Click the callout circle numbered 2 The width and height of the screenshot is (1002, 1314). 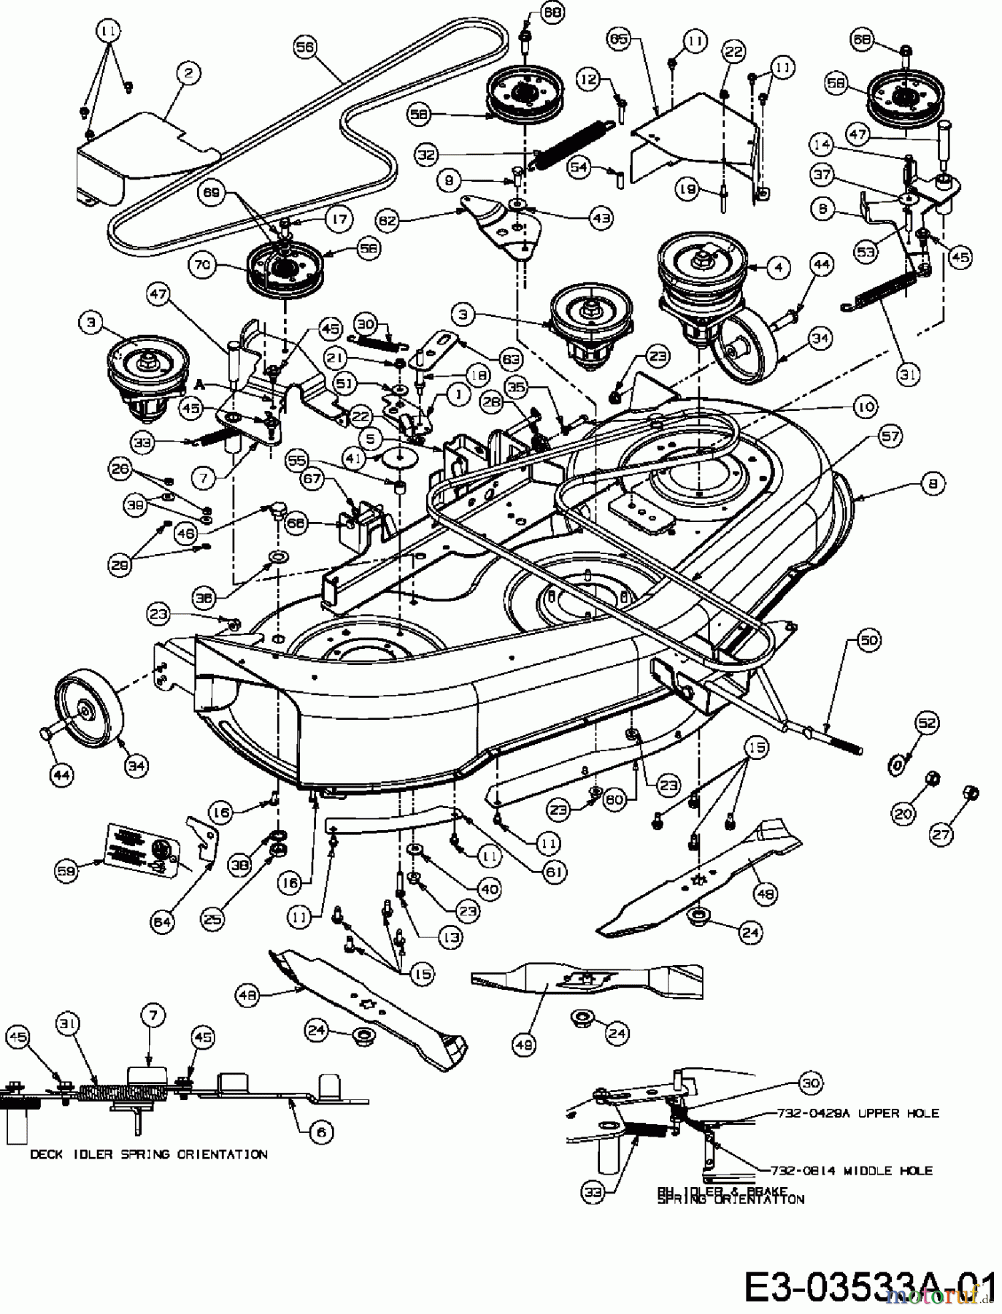(x=188, y=72)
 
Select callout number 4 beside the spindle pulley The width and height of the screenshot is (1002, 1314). (x=779, y=267)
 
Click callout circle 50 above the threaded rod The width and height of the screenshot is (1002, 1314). (x=868, y=640)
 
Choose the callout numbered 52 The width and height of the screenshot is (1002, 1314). (x=927, y=723)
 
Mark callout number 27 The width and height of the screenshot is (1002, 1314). (x=941, y=834)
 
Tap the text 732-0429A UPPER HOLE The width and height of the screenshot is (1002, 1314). (x=852, y=1113)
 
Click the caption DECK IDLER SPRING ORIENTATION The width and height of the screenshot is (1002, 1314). (x=149, y=1154)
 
